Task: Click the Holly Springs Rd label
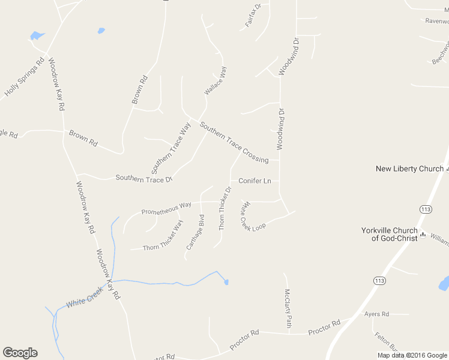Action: tap(25, 77)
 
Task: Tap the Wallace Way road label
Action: tap(215, 80)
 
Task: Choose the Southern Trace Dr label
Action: tap(143, 178)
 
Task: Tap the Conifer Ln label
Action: tap(255, 181)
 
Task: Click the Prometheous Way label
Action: tap(166, 208)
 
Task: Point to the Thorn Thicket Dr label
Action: tap(224, 209)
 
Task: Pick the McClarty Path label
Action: tap(288, 308)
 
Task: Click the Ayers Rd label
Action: tap(376, 314)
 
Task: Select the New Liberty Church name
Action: tap(409, 169)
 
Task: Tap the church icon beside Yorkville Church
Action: tap(423, 234)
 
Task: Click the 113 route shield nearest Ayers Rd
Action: tap(379, 280)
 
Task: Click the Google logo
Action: tap(20, 353)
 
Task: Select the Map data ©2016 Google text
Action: tap(412, 355)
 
